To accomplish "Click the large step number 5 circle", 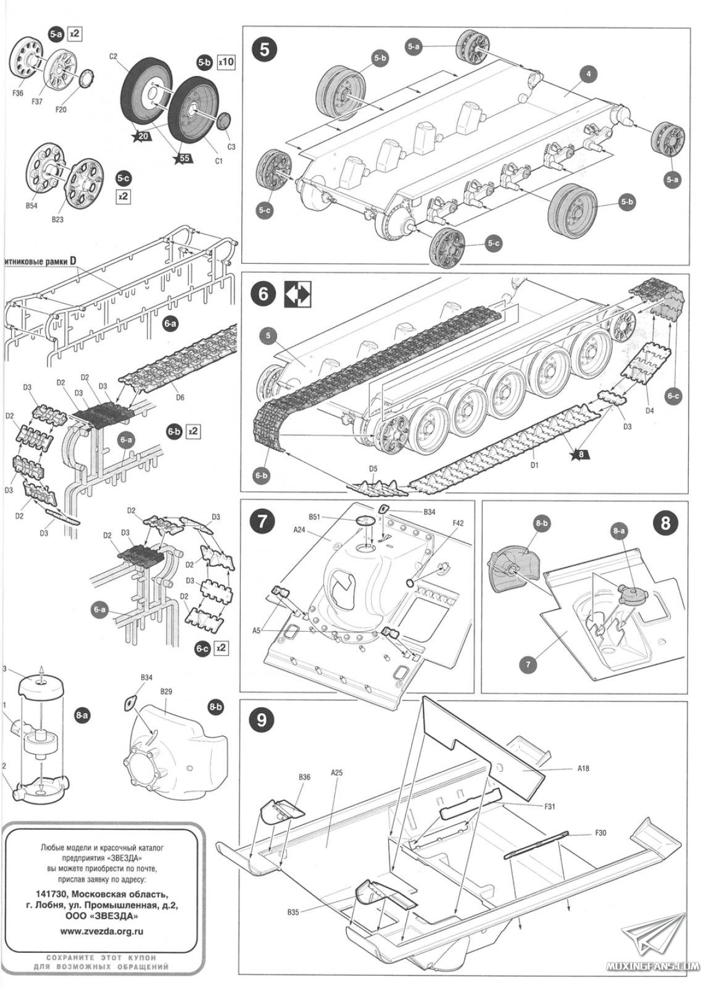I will (264, 49).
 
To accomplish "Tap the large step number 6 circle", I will (264, 294).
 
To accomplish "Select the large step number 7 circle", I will (262, 521).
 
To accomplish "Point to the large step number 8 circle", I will (665, 522).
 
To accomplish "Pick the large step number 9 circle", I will (262, 719).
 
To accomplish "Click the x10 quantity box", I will (226, 62).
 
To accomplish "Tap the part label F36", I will (17, 93).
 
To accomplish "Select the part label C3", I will (231, 147).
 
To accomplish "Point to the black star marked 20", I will (143, 136).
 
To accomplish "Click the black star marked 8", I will (579, 456).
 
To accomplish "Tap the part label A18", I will (584, 769).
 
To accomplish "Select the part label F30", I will (600, 833).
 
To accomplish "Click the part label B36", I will (304, 777).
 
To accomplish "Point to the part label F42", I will (457, 523).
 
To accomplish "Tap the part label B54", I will (32, 206).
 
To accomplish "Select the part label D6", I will (180, 398).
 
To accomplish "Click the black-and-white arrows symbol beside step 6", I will (297, 294).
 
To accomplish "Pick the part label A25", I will (336, 772).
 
